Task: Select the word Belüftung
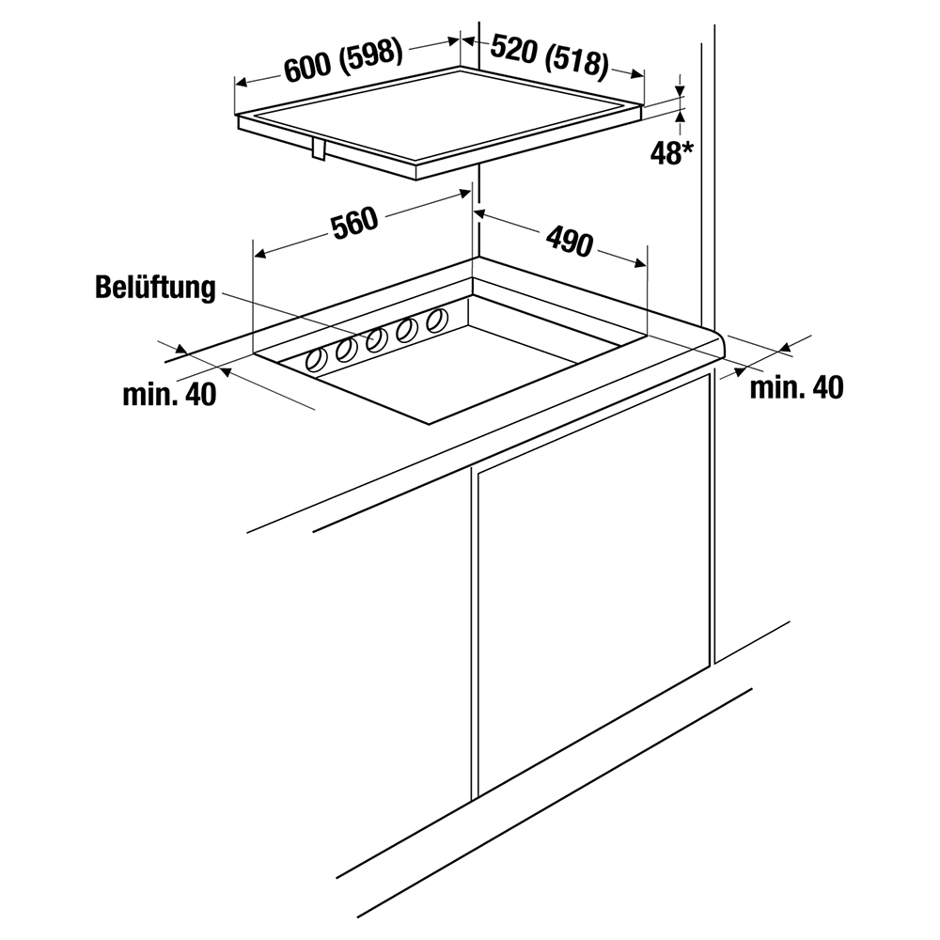[x=155, y=288]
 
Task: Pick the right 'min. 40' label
[x=796, y=386]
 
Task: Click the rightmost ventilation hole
[x=436, y=321]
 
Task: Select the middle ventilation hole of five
[x=376, y=339]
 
